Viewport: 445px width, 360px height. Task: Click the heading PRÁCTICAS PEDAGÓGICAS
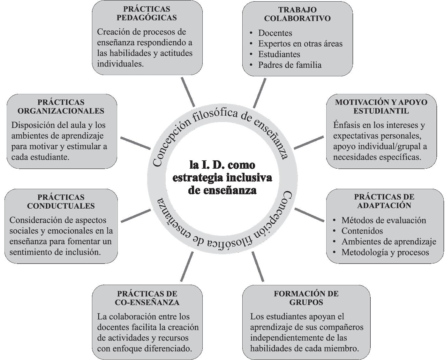147,13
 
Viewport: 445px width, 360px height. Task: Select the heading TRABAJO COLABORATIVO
297,14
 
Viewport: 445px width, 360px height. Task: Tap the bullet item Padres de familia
290,65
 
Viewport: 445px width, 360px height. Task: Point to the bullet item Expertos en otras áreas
300,43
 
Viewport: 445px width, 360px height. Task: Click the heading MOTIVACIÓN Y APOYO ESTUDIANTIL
381,106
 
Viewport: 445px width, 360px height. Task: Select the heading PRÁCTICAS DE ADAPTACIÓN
384,201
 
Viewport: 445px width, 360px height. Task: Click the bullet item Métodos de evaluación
383,220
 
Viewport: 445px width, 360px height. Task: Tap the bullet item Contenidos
362,231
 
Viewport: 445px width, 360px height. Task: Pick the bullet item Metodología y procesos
385,252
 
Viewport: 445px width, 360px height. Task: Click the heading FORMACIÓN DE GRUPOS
306,298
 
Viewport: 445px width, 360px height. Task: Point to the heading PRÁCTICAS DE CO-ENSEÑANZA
147,298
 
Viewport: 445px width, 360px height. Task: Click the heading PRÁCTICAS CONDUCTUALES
61,201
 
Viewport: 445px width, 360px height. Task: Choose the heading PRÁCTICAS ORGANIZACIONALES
61,106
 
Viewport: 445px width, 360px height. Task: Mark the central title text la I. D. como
222,165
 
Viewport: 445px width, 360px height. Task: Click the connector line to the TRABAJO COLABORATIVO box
259,93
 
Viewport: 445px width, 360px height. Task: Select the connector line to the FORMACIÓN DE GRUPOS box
258,267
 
